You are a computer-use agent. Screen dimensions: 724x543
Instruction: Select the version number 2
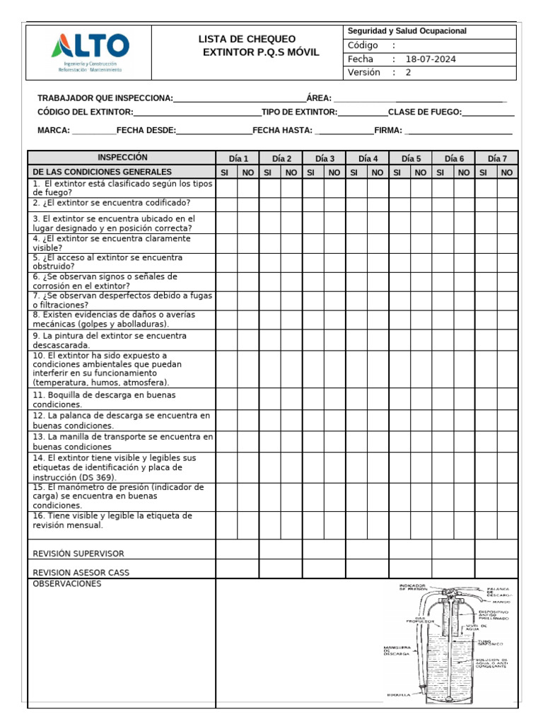point(408,73)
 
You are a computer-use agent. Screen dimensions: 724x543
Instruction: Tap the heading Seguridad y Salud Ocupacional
point(407,32)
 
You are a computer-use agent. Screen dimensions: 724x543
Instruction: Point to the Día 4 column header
point(368,158)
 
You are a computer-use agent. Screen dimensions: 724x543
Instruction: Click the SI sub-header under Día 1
point(226,172)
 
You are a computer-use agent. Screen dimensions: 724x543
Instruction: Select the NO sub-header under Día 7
point(506,172)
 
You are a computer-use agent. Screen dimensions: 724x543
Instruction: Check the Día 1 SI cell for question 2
point(226,204)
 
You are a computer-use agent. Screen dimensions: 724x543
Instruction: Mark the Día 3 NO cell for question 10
point(334,369)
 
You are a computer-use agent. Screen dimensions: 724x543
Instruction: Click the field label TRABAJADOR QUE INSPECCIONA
point(105,98)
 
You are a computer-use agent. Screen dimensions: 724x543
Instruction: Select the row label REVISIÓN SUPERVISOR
point(78,554)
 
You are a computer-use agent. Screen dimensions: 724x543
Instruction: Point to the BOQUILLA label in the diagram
point(398,696)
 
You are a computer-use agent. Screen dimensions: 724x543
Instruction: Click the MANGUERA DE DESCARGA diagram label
point(397,650)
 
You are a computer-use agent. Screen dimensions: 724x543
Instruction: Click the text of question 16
point(112,520)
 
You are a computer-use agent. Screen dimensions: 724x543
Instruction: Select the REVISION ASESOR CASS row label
point(81,572)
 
